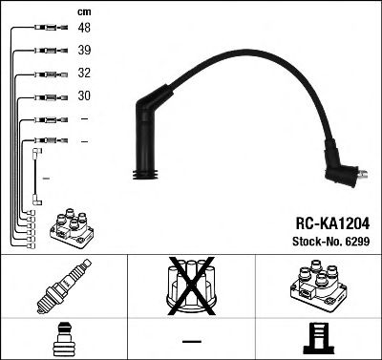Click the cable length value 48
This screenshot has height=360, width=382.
point(84,29)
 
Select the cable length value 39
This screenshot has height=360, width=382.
point(84,51)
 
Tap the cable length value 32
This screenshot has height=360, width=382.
point(84,74)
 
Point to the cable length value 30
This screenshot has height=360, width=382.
point(84,96)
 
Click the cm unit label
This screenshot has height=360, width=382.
point(83,11)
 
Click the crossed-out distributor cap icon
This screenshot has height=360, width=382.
point(190,287)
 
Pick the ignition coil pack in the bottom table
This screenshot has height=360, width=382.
point(317,287)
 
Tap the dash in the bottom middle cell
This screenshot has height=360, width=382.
point(191,342)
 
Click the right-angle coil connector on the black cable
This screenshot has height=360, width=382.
point(343,174)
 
